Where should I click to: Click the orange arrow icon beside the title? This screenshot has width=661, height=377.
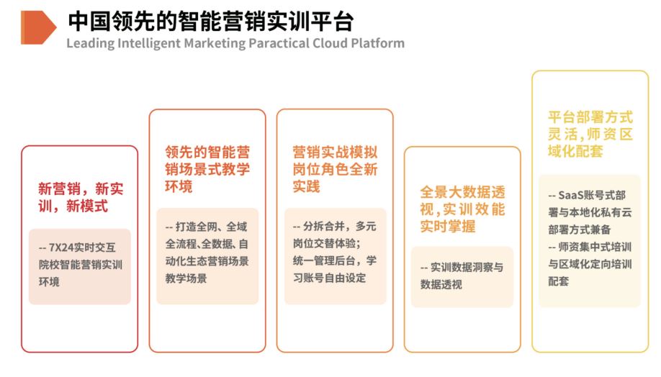tap(38, 27)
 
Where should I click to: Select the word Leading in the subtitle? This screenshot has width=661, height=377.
tap(90, 43)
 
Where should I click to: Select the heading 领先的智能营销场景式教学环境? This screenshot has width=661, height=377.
tap(207, 169)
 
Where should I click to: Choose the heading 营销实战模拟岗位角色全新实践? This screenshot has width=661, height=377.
tap(335, 169)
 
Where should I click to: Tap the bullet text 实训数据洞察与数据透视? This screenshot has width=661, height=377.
tap(462, 276)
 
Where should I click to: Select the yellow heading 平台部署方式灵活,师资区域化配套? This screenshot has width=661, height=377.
tap(590, 134)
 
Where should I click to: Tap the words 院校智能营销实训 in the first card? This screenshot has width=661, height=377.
tap(80, 264)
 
